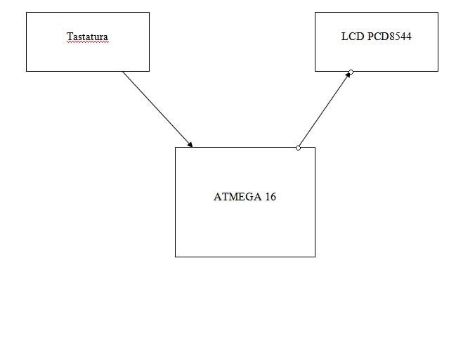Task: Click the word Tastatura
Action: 87,37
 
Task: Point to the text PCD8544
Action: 389,37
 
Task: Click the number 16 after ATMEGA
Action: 271,197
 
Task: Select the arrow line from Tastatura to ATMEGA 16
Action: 157,109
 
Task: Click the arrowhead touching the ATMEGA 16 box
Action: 190,145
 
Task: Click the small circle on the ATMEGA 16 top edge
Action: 299,148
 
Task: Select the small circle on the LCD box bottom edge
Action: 351,72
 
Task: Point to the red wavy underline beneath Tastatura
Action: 87,43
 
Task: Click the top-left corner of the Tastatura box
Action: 27,13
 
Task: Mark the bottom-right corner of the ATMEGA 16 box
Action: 315,257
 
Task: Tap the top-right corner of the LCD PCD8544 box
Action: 438,13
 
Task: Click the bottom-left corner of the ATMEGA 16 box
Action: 176,257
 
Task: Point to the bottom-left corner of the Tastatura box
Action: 27,71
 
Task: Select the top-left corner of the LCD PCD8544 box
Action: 315,13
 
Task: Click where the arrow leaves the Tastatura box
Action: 123,72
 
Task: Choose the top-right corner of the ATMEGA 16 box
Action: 315,148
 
